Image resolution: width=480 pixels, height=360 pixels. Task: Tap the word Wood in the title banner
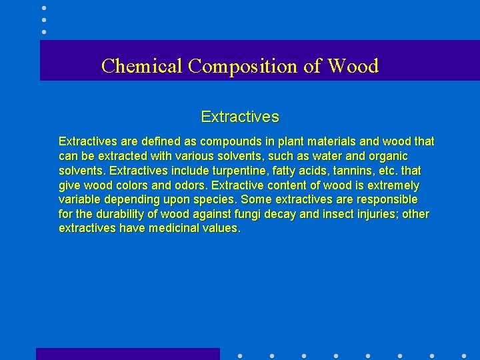tap(353, 66)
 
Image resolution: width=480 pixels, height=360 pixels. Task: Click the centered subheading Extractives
tap(240, 117)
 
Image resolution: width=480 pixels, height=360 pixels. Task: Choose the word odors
tap(188, 185)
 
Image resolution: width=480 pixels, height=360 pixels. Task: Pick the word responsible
tap(385, 200)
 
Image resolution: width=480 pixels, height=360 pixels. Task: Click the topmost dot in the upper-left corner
tap(44, 8)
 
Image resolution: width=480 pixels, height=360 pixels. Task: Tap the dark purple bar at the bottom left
tap(127, 354)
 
